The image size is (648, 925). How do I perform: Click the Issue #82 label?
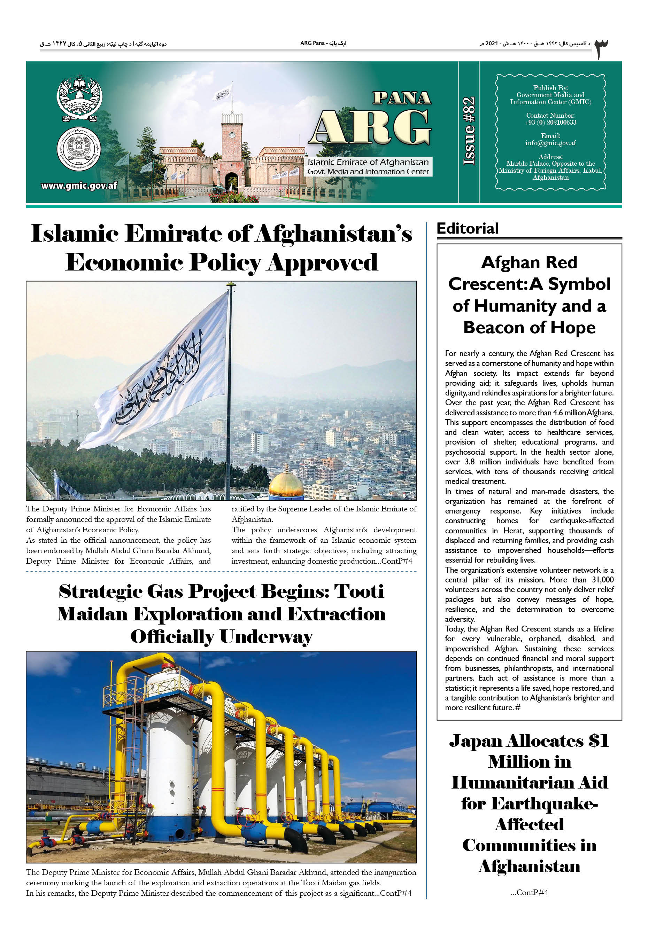coord(469,131)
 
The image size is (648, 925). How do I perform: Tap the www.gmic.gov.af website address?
coord(79,186)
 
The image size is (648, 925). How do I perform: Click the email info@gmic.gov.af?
coord(550,143)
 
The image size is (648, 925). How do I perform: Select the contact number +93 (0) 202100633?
coord(550,123)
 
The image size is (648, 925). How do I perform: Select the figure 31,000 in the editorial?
coord(602,580)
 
